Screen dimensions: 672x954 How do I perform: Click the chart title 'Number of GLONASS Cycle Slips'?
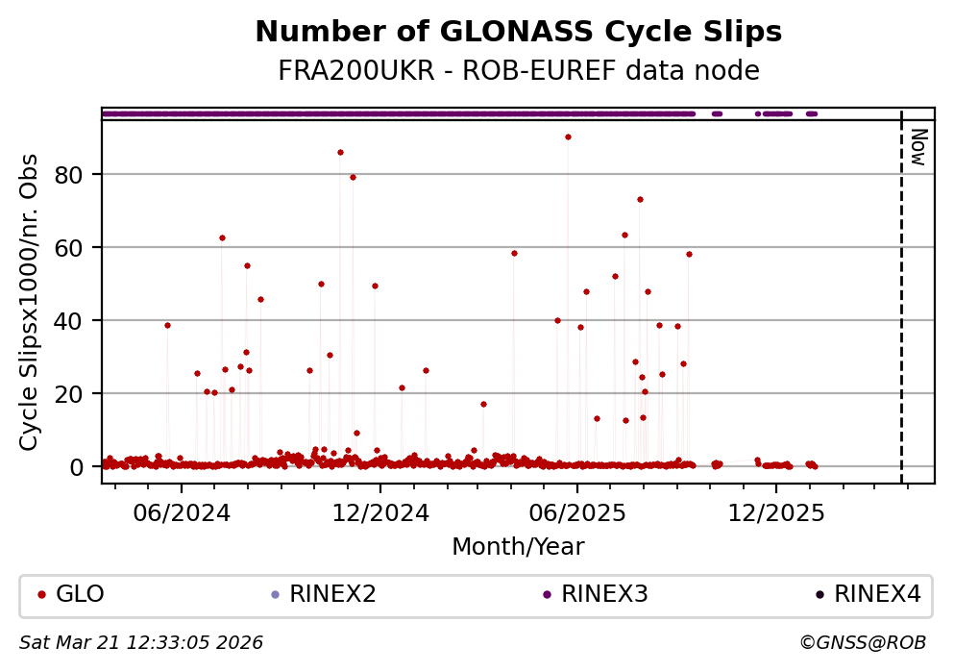pos(518,33)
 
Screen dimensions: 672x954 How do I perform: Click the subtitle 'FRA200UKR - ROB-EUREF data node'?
pos(518,71)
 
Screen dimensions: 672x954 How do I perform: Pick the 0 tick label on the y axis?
pos(86,466)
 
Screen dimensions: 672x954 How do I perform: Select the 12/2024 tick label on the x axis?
pos(379,512)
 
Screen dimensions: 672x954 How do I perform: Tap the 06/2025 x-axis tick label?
pos(576,512)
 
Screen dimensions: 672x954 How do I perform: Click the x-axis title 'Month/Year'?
pos(518,547)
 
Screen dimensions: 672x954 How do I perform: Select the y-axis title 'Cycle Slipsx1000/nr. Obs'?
pos(30,301)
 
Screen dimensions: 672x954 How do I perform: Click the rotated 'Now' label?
pos(918,147)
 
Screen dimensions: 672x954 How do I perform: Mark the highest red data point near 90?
pos(568,137)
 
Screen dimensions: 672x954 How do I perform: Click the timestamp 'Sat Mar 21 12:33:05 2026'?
pos(141,642)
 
